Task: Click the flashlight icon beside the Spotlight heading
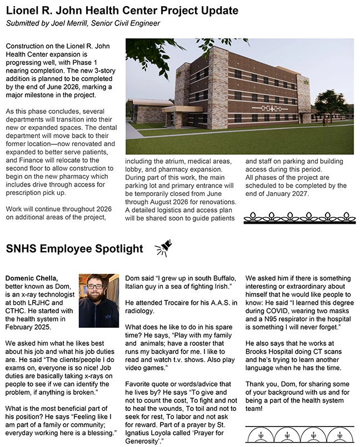tap(163, 248)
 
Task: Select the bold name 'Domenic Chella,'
tap(31, 278)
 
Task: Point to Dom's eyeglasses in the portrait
tap(96, 287)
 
